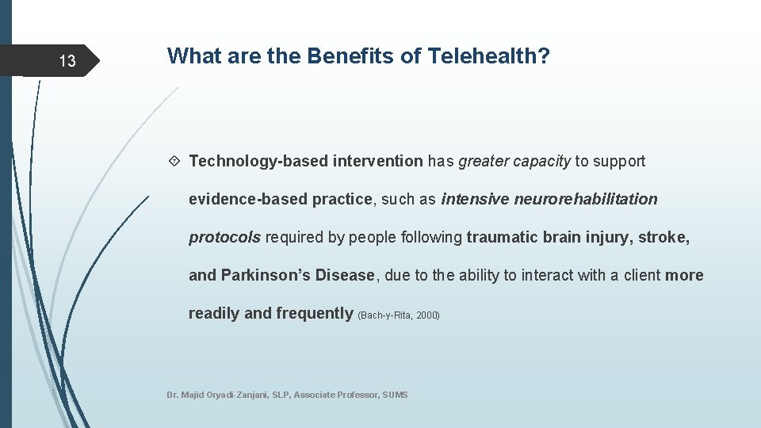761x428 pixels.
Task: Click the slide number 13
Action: coord(67,61)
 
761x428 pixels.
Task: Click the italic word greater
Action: coord(484,162)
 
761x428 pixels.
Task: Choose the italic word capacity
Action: coord(541,162)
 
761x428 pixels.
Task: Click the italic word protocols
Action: coord(224,238)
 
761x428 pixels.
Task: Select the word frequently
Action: coord(314,314)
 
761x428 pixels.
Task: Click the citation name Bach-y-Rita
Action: coord(386,315)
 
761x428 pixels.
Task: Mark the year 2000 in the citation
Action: coord(427,315)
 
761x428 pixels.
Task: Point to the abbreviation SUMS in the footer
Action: coord(395,395)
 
